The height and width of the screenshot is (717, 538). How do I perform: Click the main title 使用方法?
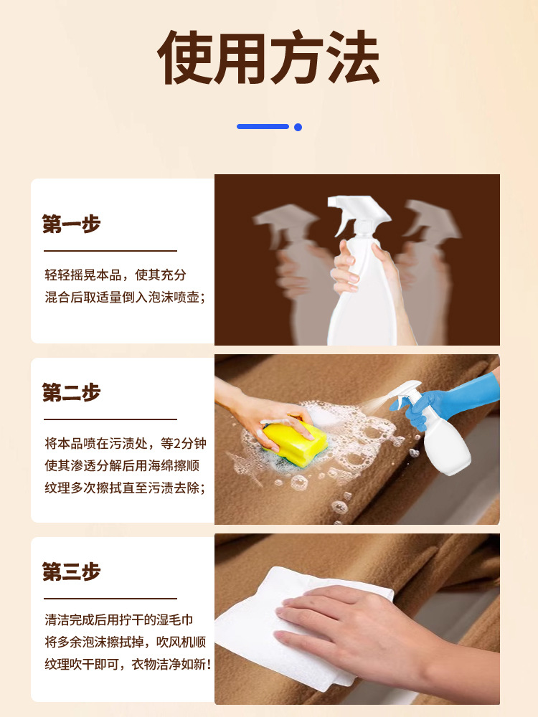tap(268, 57)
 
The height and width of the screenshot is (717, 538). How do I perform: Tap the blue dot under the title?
tap(298, 127)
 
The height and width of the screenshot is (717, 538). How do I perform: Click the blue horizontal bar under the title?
tap(263, 127)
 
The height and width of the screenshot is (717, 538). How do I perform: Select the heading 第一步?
tap(71, 224)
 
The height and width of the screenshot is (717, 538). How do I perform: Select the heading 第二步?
tap(71, 392)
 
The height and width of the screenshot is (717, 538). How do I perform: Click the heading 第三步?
tap(71, 571)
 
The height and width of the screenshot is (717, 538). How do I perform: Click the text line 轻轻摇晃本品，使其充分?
tap(115, 275)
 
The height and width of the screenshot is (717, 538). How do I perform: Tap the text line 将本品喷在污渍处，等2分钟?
tap(126, 443)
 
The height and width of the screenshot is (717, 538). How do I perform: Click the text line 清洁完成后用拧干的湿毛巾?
tap(119, 619)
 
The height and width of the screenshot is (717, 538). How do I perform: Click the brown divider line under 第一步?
tap(110, 250)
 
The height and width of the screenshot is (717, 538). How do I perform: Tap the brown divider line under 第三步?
tap(110, 598)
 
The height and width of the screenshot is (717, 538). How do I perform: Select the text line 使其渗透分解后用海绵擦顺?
tap(122, 465)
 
